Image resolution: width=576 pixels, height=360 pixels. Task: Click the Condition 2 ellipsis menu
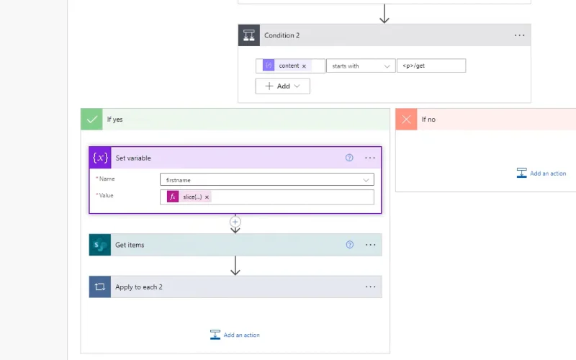tap(519, 35)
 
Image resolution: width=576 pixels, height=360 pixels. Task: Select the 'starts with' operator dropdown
tap(361, 66)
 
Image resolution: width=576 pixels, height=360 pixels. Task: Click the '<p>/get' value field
tap(431, 66)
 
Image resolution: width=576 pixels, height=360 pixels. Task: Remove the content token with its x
tap(304, 66)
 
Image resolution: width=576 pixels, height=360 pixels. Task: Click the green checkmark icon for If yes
tap(92, 120)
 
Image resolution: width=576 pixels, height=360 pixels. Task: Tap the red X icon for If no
tap(406, 120)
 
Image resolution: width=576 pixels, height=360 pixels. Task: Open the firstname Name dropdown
tap(267, 179)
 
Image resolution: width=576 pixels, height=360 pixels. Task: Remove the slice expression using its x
tap(207, 197)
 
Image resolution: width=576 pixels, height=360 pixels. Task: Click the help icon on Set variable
tap(349, 158)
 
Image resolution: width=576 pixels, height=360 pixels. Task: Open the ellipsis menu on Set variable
tap(370, 158)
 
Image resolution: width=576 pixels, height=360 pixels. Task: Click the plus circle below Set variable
tap(235, 222)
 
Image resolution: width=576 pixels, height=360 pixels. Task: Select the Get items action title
tap(130, 245)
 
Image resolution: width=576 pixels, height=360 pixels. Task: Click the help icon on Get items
tap(350, 245)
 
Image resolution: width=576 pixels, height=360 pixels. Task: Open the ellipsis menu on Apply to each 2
tap(370, 287)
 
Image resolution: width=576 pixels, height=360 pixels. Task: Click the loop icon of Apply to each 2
tap(100, 287)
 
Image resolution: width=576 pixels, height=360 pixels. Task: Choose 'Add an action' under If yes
tap(235, 335)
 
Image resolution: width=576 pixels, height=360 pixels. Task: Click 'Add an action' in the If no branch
tap(541, 173)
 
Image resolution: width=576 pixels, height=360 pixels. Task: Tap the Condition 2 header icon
tap(249, 35)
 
